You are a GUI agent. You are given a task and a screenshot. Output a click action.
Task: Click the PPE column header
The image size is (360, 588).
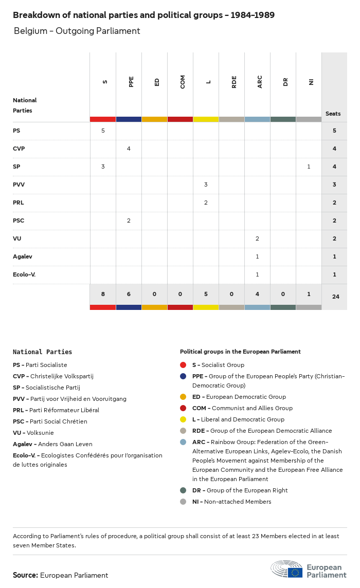pos(131,82)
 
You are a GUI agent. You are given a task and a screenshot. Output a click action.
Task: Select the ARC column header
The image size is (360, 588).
pos(259,82)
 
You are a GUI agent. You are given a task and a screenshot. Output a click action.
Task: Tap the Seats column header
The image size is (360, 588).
pos(333,114)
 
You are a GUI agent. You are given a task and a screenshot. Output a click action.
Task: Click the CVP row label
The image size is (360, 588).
pos(19,149)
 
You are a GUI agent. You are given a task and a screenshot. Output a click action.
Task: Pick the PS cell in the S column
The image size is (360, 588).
pos(103,131)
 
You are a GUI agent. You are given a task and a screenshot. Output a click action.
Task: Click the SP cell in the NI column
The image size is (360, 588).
pos(309,167)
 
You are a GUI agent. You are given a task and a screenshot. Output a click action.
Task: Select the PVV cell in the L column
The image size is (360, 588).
pos(206,185)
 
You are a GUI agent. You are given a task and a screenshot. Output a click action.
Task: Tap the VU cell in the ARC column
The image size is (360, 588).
pos(257,238)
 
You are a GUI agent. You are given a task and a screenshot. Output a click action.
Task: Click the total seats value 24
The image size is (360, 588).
pos(334,297)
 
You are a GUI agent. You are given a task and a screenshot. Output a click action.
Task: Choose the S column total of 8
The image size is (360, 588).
pos(103,294)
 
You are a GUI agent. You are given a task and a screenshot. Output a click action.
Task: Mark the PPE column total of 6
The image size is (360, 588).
pos(129,294)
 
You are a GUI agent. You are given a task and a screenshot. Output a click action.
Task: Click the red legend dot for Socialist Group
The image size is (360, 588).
pos(183,365)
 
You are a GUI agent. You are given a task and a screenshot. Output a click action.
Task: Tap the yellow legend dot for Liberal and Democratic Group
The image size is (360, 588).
pos(183,419)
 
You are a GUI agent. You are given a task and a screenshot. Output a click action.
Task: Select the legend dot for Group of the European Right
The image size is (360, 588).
pos(183,490)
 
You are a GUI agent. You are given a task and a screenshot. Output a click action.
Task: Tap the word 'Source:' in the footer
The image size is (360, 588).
pos(25,575)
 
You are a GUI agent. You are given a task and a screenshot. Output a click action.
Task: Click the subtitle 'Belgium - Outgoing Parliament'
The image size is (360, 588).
pos(77,31)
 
